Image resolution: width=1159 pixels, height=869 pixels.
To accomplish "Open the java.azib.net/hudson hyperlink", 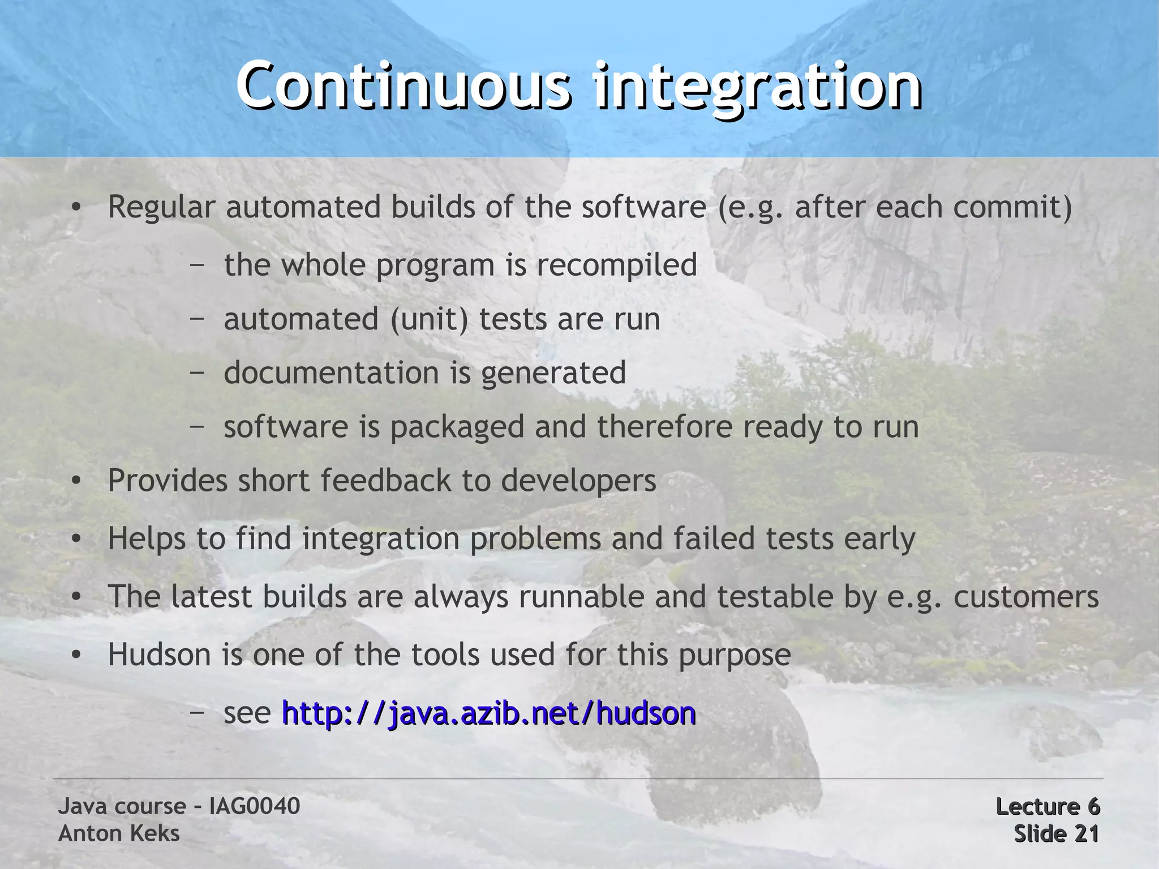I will coord(488,713).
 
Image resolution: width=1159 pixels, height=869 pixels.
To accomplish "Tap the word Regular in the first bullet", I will coord(161,207).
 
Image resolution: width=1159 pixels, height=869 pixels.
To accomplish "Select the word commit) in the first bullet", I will coord(1012,207).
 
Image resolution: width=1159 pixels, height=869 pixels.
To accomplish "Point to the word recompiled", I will coord(616,265).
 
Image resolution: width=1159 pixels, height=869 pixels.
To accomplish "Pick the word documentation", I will coord(332,373).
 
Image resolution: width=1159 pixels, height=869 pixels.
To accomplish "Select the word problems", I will coord(535,538).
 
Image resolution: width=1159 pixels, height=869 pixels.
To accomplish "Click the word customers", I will coord(1026,597).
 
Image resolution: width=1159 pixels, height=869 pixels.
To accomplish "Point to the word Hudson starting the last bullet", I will coord(160,654).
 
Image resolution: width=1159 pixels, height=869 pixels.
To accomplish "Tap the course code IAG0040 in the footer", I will coord(254,806).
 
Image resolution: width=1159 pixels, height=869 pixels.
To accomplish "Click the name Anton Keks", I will coord(119,833).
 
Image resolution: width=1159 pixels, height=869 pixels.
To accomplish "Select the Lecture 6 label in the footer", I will coord(1047,806).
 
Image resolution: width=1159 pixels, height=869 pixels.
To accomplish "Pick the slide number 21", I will coord(1086,833).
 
